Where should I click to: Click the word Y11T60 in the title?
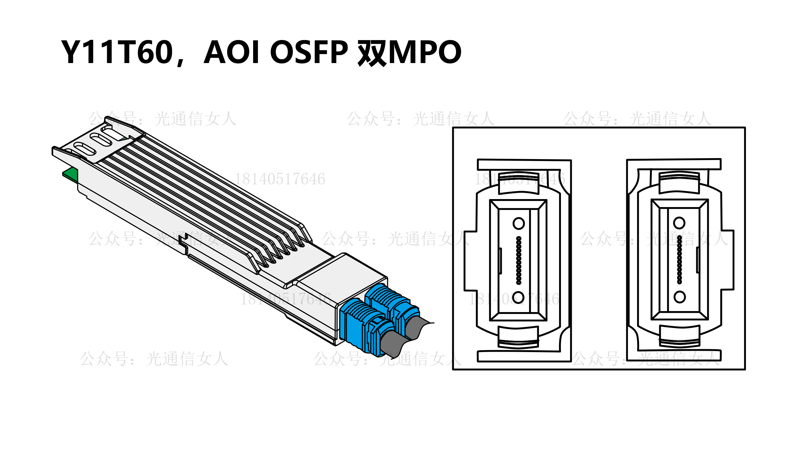click(x=117, y=52)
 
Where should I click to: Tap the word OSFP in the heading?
click(x=309, y=52)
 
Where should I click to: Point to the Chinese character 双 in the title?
click(x=372, y=52)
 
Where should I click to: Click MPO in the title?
click(x=424, y=52)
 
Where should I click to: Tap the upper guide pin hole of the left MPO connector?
click(x=518, y=223)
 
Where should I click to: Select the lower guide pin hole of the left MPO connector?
click(x=518, y=297)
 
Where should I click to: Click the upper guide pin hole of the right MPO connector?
click(x=679, y=223)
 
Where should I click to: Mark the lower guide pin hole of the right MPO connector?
click(x=679, y=297)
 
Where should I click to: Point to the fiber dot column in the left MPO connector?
click(x=519, y=260)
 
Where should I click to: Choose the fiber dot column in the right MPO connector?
click(x=679, y=260)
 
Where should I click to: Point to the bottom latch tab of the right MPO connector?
click(x=680, y=336)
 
